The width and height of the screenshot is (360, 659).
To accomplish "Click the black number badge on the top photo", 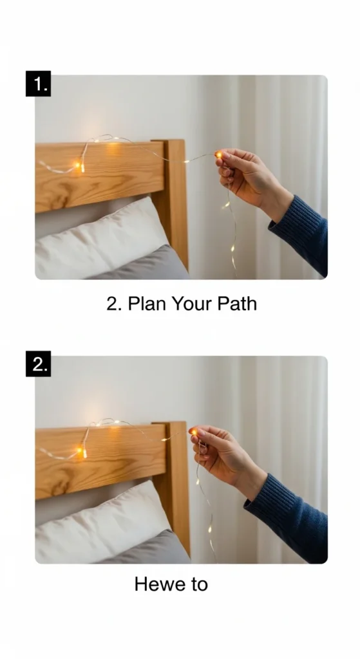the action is pos(38,84).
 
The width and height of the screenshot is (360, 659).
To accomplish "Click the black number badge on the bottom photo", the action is pos(38,364).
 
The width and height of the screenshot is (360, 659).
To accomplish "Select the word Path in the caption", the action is pos(237,304).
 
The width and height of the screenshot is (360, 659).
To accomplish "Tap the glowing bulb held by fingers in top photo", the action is pos(219,154).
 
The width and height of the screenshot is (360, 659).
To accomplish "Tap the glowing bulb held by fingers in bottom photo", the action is pos(193,432).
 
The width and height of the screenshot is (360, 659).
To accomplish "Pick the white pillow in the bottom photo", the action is pos(101,522).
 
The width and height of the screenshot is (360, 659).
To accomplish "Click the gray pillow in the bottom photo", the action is pos(147,548).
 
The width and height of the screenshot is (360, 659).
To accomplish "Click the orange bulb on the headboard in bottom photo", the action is pos(79,450).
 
